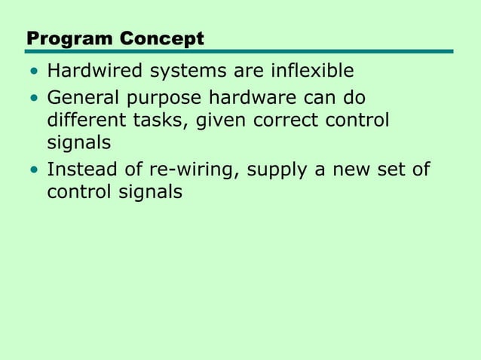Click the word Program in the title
tap(63, 38)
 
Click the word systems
tap(186, 72)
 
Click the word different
tap(85, 120)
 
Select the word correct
tap(283, 121)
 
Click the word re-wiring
tap(191, 170)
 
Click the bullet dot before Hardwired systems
tap(33, 73)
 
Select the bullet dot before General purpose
tap(33, 99)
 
